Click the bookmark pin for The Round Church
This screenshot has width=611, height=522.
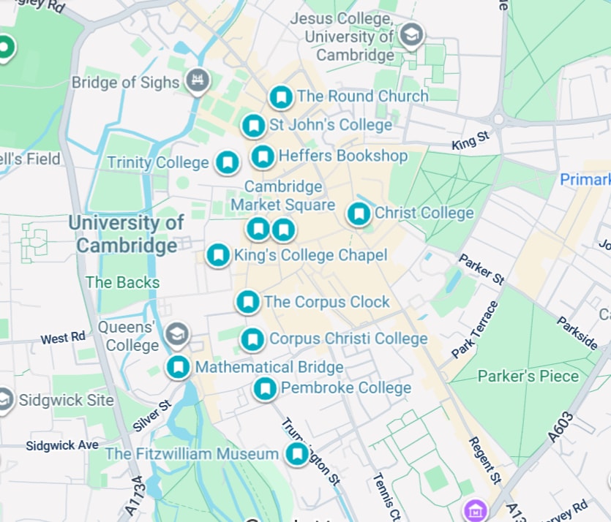(x=281, y=97)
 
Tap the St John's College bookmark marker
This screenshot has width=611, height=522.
(x=254, y=126)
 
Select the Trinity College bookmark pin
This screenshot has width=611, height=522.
(x=228, y=162)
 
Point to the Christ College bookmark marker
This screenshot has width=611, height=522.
(x=359, y=213)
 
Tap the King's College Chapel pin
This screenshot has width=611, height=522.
(x=217, y=255)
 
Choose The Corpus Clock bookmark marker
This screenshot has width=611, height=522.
(x=248, y=301)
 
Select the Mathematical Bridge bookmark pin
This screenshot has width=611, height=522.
(x=177, y=367)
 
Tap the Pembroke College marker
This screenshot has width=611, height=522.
(x=265, y=388)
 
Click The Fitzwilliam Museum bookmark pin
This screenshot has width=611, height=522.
(x=296, y=454)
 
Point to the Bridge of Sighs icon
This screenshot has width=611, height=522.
(x=196, y=81)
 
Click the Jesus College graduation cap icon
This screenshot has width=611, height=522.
(x=412, y=35)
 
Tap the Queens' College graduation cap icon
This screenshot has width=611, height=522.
(x=176, y=336)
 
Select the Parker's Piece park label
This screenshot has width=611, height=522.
(x=528, y=377)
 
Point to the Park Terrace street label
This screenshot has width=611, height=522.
(x=476, y=330)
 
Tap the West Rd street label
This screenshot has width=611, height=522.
(x=63, y=338)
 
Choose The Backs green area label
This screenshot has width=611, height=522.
(x=122, y=282)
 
